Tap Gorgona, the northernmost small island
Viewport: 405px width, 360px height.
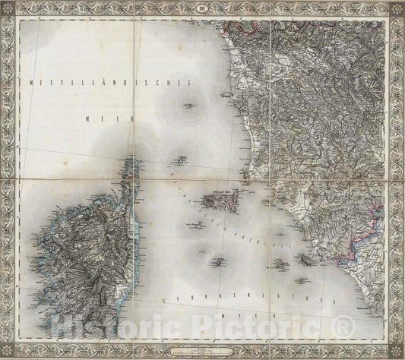[187, 106]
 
